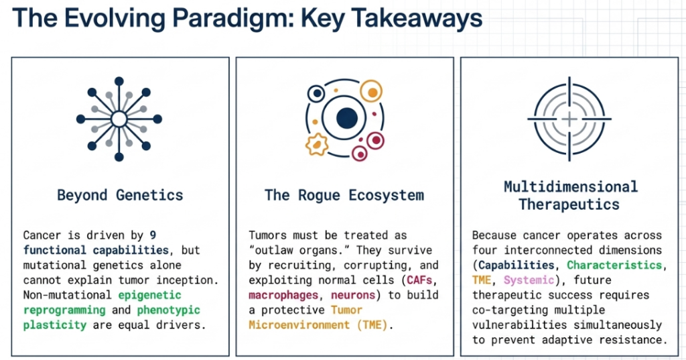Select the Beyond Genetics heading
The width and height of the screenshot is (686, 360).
click(121, 195)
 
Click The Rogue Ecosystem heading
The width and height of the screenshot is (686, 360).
click(344, 195)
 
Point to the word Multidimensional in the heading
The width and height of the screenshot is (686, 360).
click(571, 186)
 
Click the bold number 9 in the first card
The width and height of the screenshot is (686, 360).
click(153, 235)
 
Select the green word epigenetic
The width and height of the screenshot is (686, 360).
click(149, 295)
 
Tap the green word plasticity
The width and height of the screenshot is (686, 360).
click(55, 325)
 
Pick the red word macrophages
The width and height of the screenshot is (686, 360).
click(283, 295)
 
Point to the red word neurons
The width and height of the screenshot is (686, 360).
click(353, 295)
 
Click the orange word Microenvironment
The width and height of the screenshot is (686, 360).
click(299, 325)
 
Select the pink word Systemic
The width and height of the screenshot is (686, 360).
click(529, 280)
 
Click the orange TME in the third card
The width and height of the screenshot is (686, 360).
click(482, 280)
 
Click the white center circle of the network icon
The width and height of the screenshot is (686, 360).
click(119, 119)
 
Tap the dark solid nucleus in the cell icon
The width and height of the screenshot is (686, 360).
click(347, 118)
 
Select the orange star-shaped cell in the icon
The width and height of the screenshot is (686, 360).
click(317, 145)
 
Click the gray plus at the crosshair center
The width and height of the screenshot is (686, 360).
click(569, 119)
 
